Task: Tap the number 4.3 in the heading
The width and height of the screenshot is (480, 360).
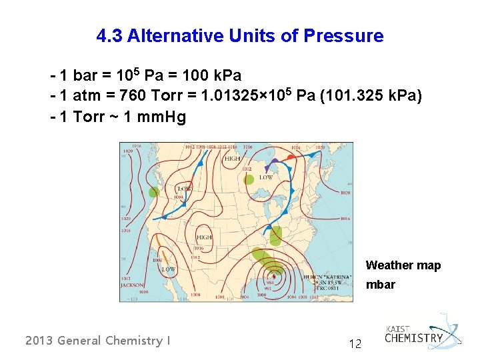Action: click(x=109, y=36)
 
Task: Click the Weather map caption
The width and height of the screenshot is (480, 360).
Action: click(x=403, y=265)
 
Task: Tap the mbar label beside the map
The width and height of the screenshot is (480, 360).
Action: click(x=380, y=285)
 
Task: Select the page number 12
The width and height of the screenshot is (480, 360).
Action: click(x=355, y=344)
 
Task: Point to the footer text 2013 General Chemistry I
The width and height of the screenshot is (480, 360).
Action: click(x=97, y=341)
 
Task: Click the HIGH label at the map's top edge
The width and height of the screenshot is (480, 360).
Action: click(x=233, y=159)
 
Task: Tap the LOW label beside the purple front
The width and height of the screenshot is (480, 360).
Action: click(x=266, y=177)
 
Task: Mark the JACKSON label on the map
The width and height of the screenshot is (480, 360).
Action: click(x=132, y=285)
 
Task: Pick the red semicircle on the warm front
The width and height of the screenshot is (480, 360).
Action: click(x=291, y=157)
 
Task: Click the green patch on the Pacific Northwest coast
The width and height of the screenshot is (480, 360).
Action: click(x=154, y=193)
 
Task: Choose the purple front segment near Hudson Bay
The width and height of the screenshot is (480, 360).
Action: click(x=274, y=162)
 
